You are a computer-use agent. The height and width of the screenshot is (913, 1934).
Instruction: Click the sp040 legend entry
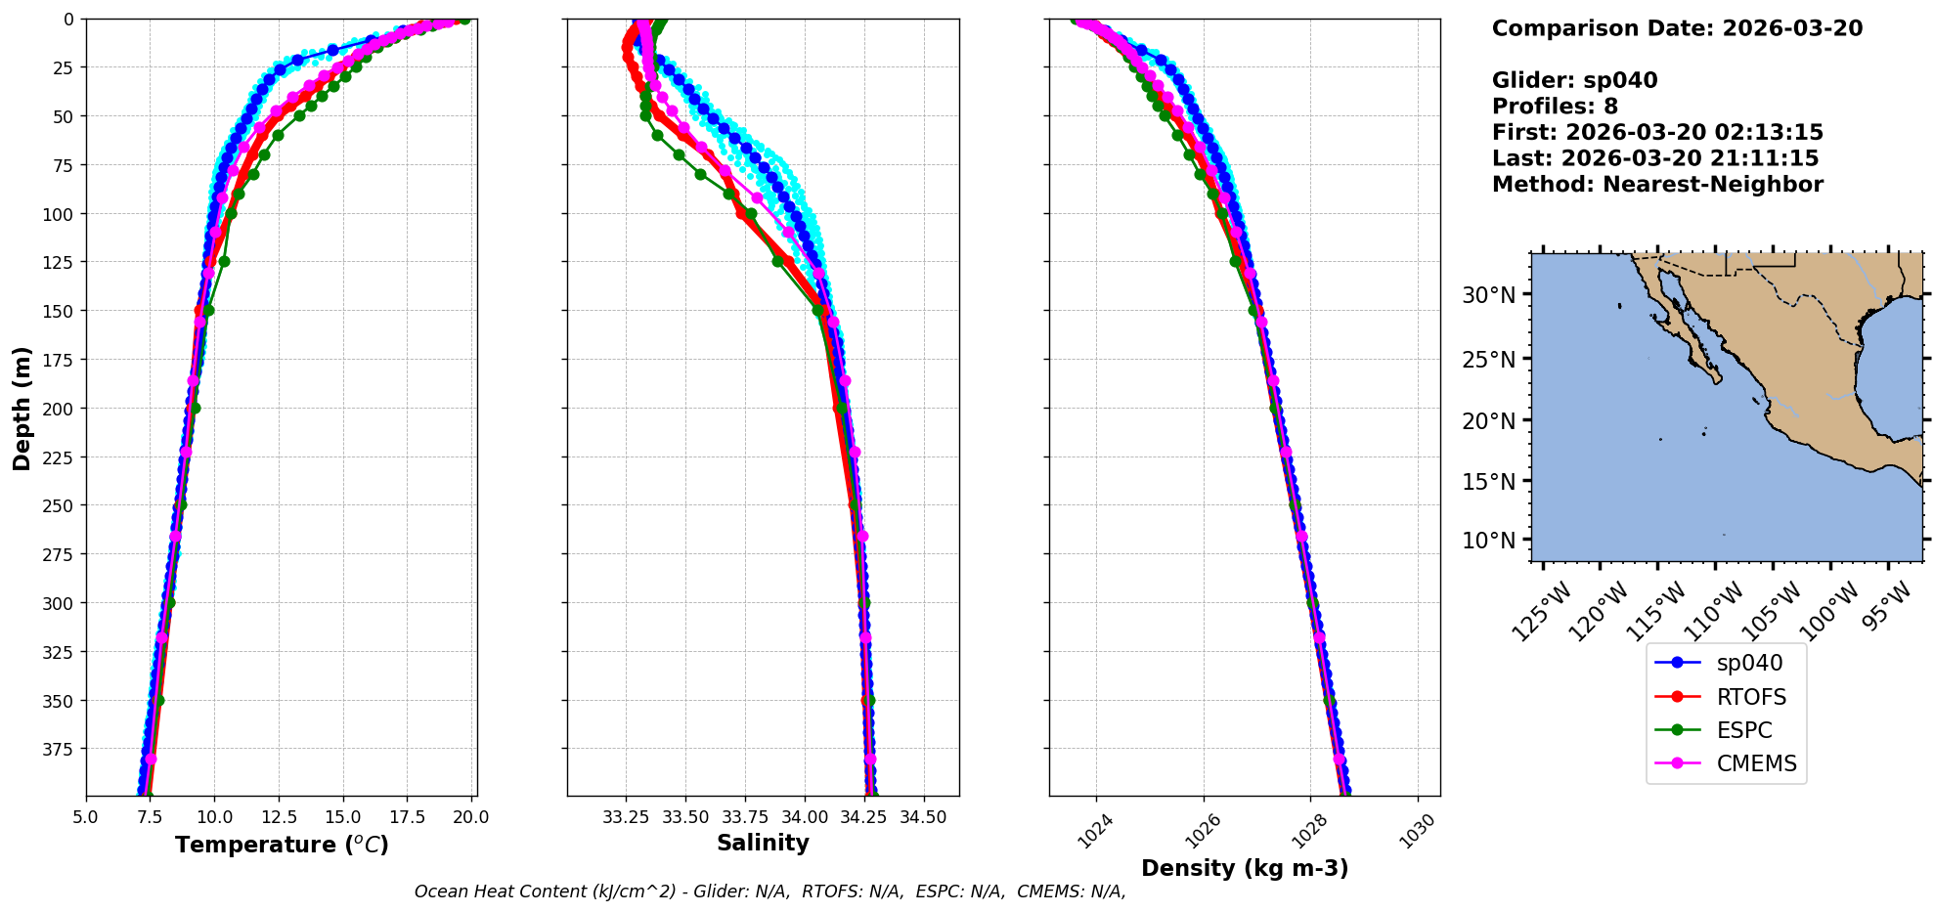point(1749,663)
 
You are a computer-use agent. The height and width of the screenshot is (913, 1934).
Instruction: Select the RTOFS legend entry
point(1751,697)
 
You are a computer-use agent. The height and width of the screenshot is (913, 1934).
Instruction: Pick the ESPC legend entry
point(1744,730)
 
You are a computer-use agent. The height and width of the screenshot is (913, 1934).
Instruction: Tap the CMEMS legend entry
point(1756,763)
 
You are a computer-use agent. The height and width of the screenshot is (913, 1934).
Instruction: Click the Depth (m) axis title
point(22,408)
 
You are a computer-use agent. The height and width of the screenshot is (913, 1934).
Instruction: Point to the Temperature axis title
point(282,845)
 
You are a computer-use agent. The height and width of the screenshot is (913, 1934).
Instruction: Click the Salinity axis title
point(763,843)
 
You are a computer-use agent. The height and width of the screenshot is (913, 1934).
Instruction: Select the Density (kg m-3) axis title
point(1245,868)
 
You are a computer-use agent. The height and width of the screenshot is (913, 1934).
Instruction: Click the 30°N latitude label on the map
point(1488,295)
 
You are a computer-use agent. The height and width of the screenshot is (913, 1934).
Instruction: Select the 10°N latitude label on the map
point(1488,541)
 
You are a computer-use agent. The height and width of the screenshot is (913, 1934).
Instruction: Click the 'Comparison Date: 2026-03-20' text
point(1677,28)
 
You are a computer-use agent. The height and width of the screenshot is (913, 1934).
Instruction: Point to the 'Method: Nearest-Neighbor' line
point(1657,185)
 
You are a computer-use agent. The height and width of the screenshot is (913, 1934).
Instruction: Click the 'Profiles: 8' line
point(1555,107)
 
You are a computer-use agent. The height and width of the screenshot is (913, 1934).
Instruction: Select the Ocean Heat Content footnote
point(769,891)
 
